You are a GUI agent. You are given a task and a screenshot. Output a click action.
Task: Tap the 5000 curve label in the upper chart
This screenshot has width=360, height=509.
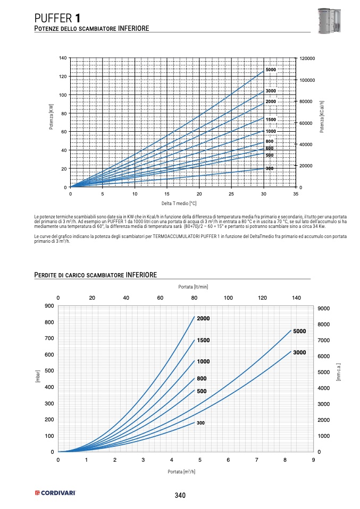[271, 70]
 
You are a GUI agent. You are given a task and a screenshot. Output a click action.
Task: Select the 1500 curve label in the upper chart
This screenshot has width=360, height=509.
[271, 120]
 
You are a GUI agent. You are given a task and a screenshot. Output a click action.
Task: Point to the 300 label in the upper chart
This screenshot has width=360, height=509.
[270, 168]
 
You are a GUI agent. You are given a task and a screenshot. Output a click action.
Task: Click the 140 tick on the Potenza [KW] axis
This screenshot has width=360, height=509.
[63, 57]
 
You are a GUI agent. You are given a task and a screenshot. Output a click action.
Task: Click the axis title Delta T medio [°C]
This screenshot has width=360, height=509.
[179, 203]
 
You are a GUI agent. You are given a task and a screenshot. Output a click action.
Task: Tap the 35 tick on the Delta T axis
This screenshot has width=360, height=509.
[296, 194]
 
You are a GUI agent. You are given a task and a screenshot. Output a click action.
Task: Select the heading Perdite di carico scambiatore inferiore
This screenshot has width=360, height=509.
[95, 275]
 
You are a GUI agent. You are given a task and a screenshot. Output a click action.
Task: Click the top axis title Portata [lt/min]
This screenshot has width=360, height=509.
[193, 287]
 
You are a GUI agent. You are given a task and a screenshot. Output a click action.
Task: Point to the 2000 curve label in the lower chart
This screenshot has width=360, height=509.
[204, 319]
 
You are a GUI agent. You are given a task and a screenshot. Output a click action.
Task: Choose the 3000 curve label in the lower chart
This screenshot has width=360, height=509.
[299, 352]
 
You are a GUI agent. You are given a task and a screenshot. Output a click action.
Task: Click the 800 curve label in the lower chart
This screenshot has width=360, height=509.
[202, 379]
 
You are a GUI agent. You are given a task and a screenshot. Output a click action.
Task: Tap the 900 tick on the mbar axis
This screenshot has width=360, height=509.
[49, 306]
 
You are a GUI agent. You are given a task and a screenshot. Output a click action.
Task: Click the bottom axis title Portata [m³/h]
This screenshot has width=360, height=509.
[182, 471]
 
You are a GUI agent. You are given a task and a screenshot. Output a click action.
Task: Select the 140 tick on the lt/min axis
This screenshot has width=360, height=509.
[296, 298]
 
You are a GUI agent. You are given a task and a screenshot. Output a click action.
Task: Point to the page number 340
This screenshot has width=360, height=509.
[180, 495]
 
